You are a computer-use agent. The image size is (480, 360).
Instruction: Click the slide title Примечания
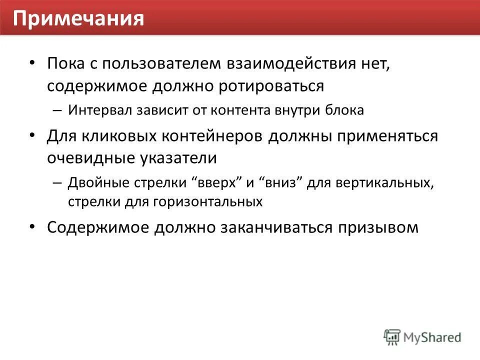pyautogui.click(x=78, y=18)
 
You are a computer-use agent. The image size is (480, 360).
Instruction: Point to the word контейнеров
pyautogui.click(x=203, y=136)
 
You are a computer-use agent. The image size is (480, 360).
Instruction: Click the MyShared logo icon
pyautogui.click(x=392, y=336)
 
